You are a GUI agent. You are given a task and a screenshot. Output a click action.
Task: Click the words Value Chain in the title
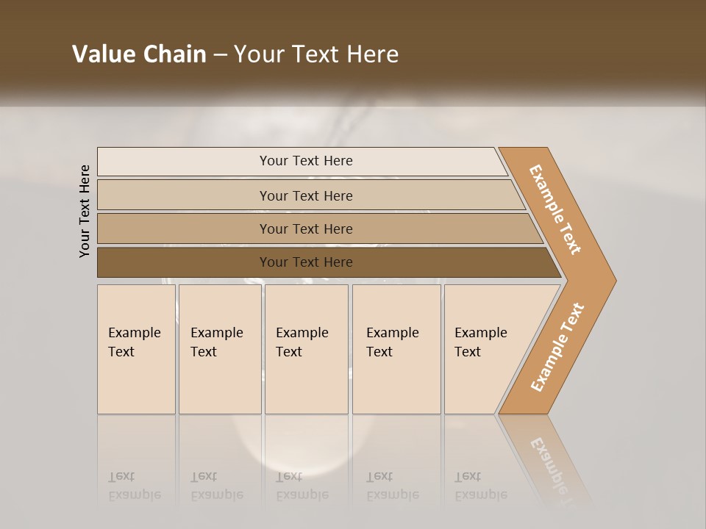click(139, 54)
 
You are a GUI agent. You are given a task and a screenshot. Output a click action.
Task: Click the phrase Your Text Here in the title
click(316, 54)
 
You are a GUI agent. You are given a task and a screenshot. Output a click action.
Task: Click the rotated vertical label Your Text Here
click(85, 211)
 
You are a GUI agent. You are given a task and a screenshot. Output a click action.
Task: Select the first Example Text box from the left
click(136, 349)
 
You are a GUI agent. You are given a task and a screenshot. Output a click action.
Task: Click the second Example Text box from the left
click(219, 349)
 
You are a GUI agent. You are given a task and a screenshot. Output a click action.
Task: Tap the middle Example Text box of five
click(306, 349)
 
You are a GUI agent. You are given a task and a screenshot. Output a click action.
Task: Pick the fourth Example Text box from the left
click(396, 349)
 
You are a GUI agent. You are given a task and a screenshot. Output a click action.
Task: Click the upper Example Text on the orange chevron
click(555, 209)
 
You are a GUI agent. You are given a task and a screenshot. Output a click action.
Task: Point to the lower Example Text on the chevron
click(557, 347)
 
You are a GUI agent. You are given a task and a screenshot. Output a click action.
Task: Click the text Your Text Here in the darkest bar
click(306, 262)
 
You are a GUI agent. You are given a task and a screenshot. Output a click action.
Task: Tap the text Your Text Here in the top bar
click(306, 161)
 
